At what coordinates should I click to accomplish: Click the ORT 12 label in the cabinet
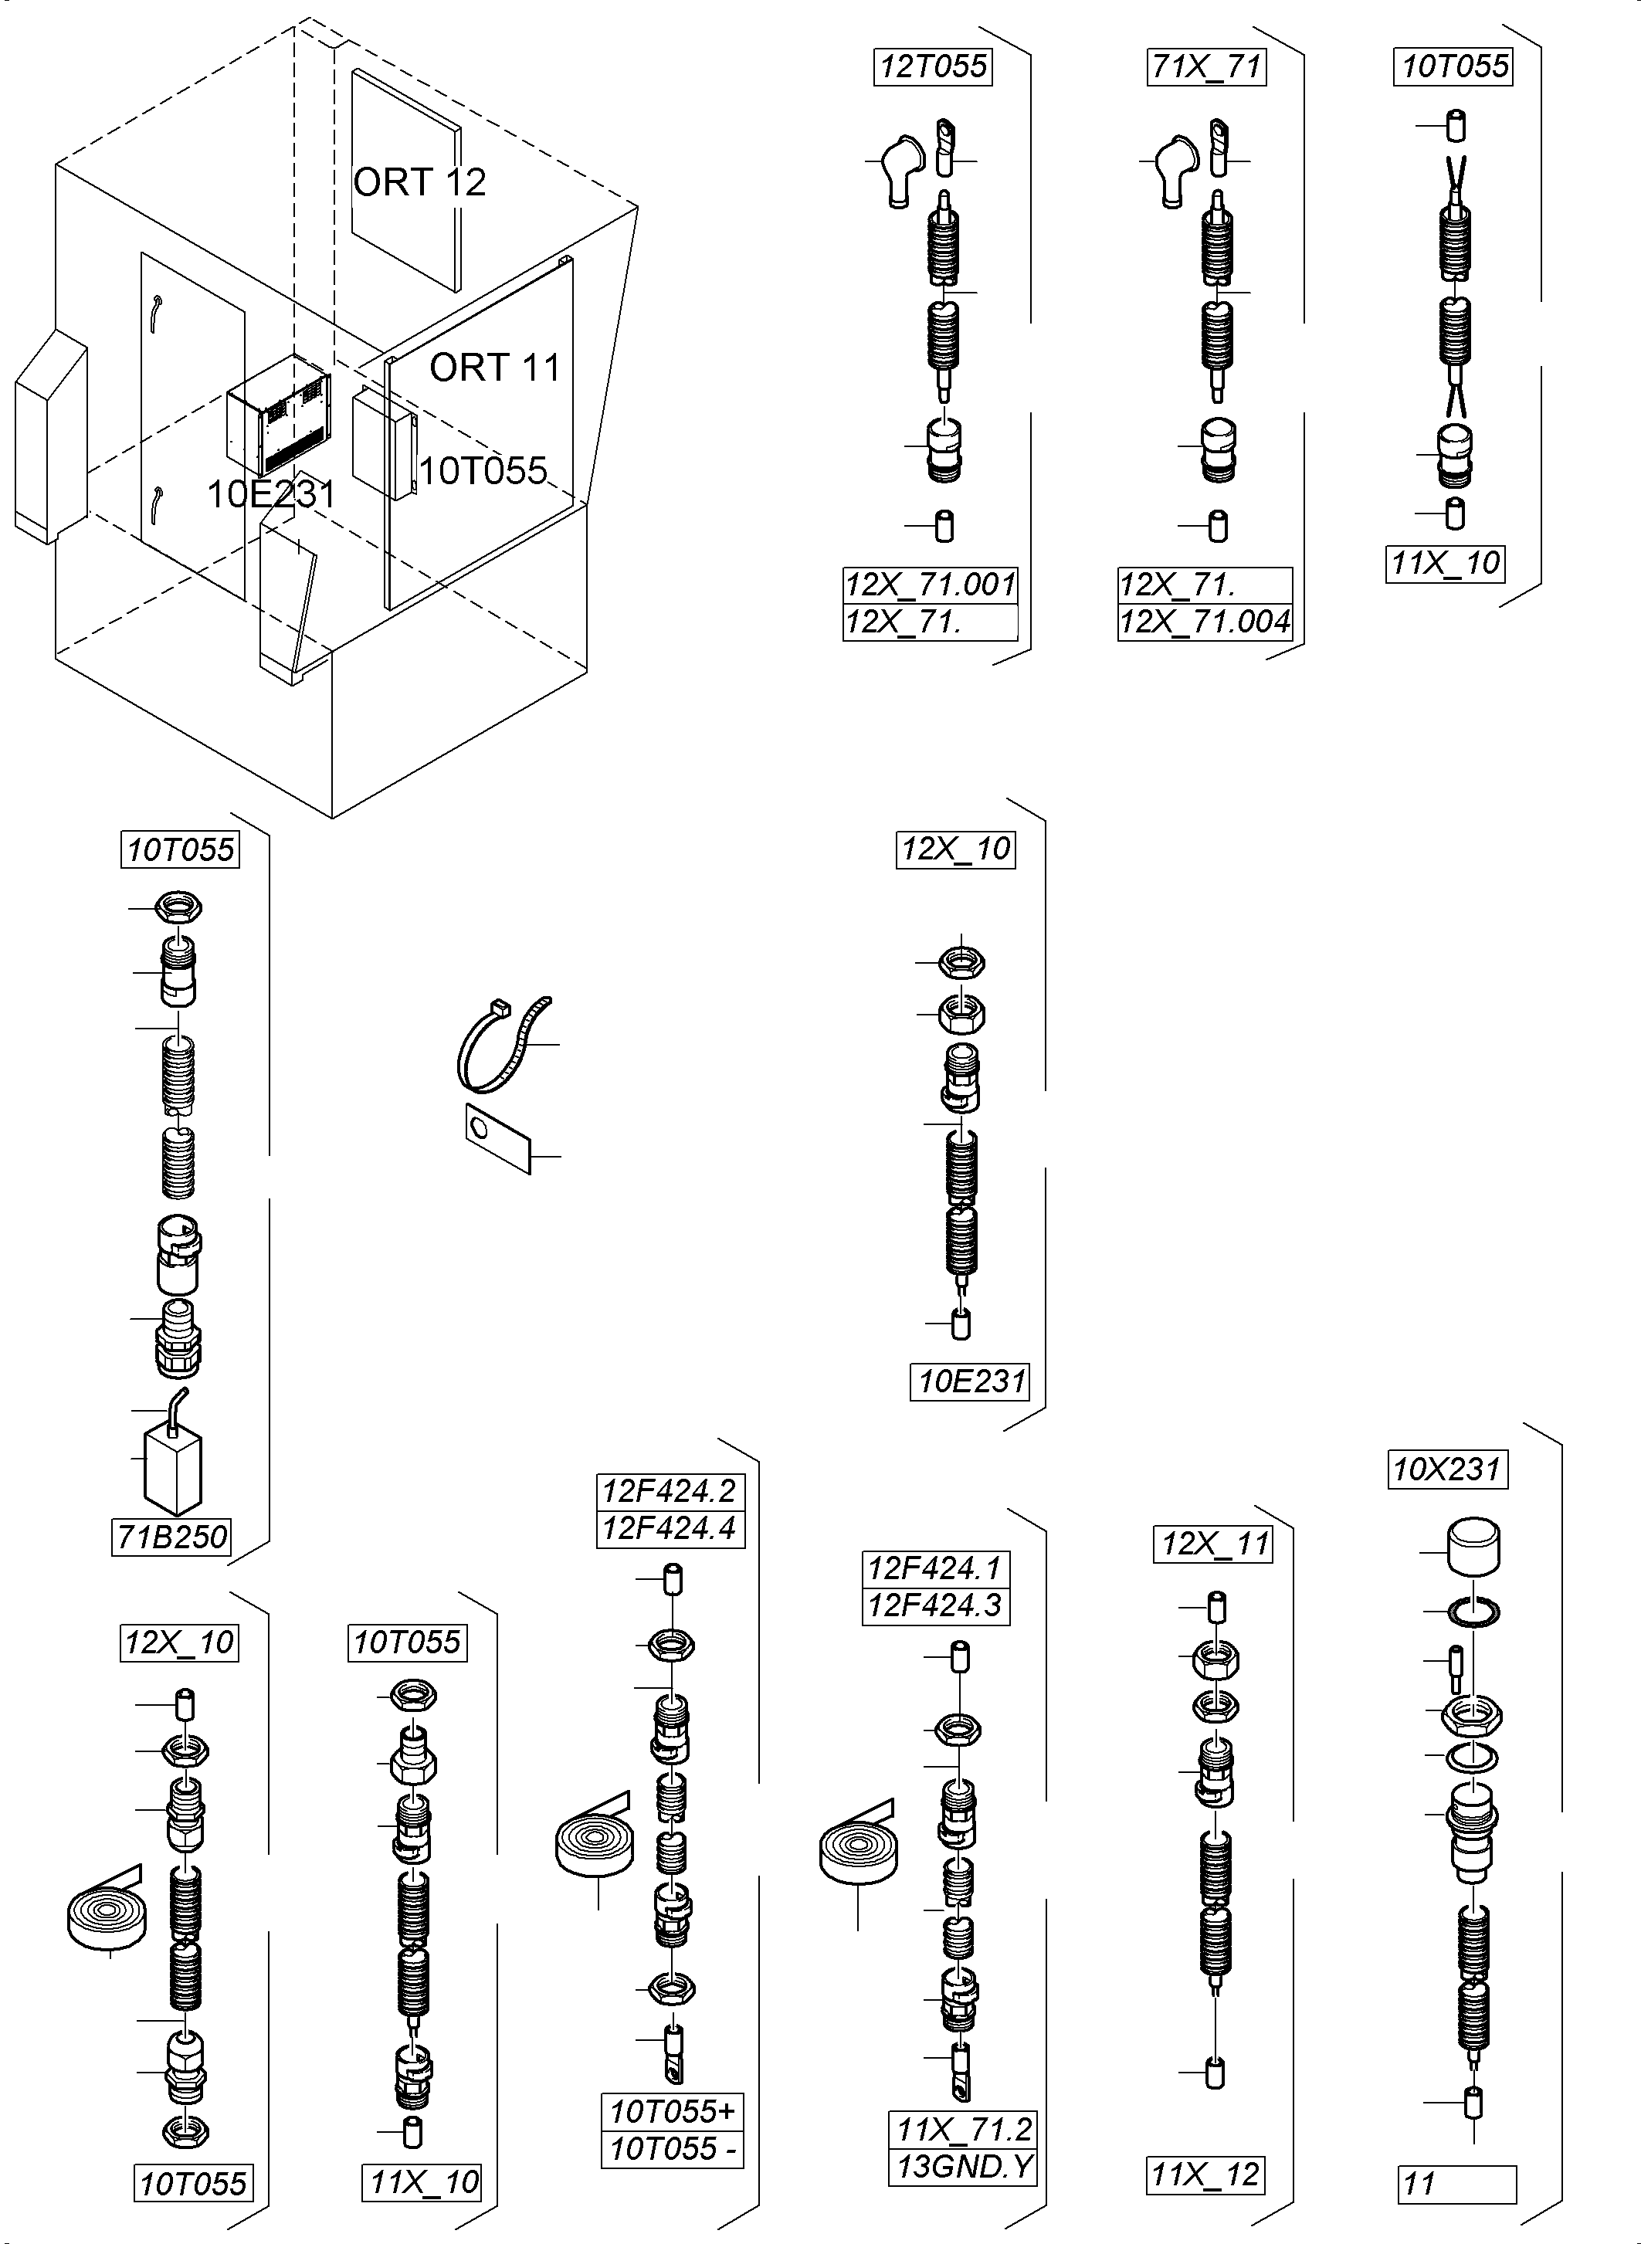pos(419,183)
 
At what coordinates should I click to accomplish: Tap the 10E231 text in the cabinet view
pos(270,493)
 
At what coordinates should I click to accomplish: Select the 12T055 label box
pos(933,66)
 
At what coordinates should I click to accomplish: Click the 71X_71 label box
pos(1206,66)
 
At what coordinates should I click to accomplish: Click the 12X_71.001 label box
pos(930,584)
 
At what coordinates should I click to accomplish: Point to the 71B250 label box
pos(173,1537)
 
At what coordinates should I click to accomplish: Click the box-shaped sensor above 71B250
pos(173,1471)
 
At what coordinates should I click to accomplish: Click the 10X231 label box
pos(1447,1469)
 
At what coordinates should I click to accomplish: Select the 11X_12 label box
pos(1204,2175)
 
